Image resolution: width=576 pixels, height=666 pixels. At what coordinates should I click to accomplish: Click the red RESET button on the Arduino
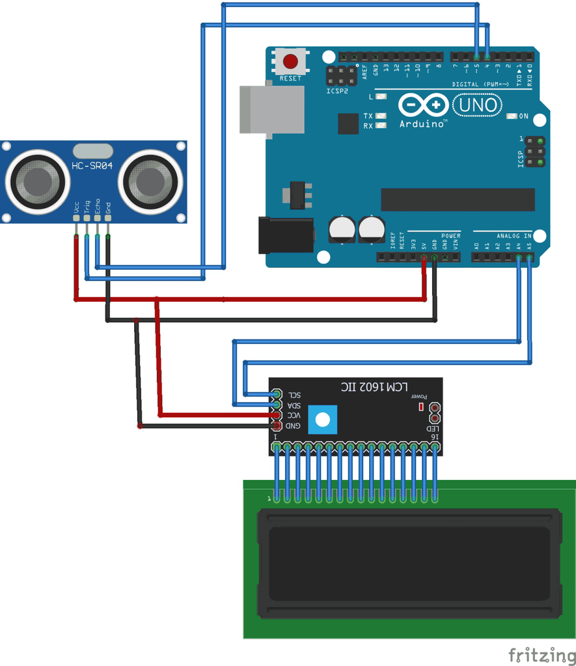click(x=290, y=62)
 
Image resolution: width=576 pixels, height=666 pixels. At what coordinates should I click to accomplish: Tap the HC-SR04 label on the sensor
click(x=92, y=166)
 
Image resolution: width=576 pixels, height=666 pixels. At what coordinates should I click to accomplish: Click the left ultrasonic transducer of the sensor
click(x=37, y=181)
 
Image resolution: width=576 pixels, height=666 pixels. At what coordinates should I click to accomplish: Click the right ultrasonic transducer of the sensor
click(x=150, y=181)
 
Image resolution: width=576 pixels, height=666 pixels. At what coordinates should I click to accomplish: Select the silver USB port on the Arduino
click(x=271, y=109)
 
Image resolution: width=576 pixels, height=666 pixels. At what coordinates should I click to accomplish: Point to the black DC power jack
click(x=286, y=234)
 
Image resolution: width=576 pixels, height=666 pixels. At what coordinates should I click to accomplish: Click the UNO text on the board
click(x=478, y=105)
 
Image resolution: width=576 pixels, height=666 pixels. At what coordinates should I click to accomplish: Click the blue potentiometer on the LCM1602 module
click(x=323, y=419)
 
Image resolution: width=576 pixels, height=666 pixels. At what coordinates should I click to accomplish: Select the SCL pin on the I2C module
click(x=277, y=395)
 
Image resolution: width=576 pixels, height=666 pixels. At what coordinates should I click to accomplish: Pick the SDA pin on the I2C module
click(x=277, y=405)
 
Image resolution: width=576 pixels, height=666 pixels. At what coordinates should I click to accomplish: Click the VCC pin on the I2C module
click(x=277, y=415)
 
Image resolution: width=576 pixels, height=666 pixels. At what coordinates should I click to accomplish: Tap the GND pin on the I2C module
click(x=277, y=425)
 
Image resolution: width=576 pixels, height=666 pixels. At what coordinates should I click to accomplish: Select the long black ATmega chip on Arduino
click(x=458, y=200)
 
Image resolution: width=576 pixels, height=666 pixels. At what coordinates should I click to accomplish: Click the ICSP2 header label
click(x=337, y=91)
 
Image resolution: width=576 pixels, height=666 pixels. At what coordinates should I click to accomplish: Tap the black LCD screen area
click(x=409, y=563)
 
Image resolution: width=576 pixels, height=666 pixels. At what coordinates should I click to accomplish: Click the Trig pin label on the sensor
click(x=87, y=207)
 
